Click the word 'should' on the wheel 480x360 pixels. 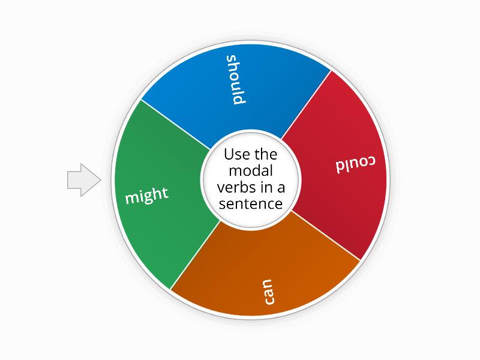coord(236,80)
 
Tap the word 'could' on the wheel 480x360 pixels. coord(355,164)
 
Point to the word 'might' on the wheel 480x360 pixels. coord(147,195)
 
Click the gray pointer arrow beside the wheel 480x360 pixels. coord(84,180)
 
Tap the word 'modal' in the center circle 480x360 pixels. coord(251,171)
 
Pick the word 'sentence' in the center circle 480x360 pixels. coord(251,204)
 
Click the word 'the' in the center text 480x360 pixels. coord(265,154)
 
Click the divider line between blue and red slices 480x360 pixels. coord(306,104)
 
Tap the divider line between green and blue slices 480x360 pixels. coord(175,125)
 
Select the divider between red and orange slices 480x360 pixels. coord(326,236)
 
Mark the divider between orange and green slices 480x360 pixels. coord(196,256)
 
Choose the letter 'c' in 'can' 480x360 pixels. coord(269,301)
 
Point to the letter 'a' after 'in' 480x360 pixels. coord(281,189)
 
